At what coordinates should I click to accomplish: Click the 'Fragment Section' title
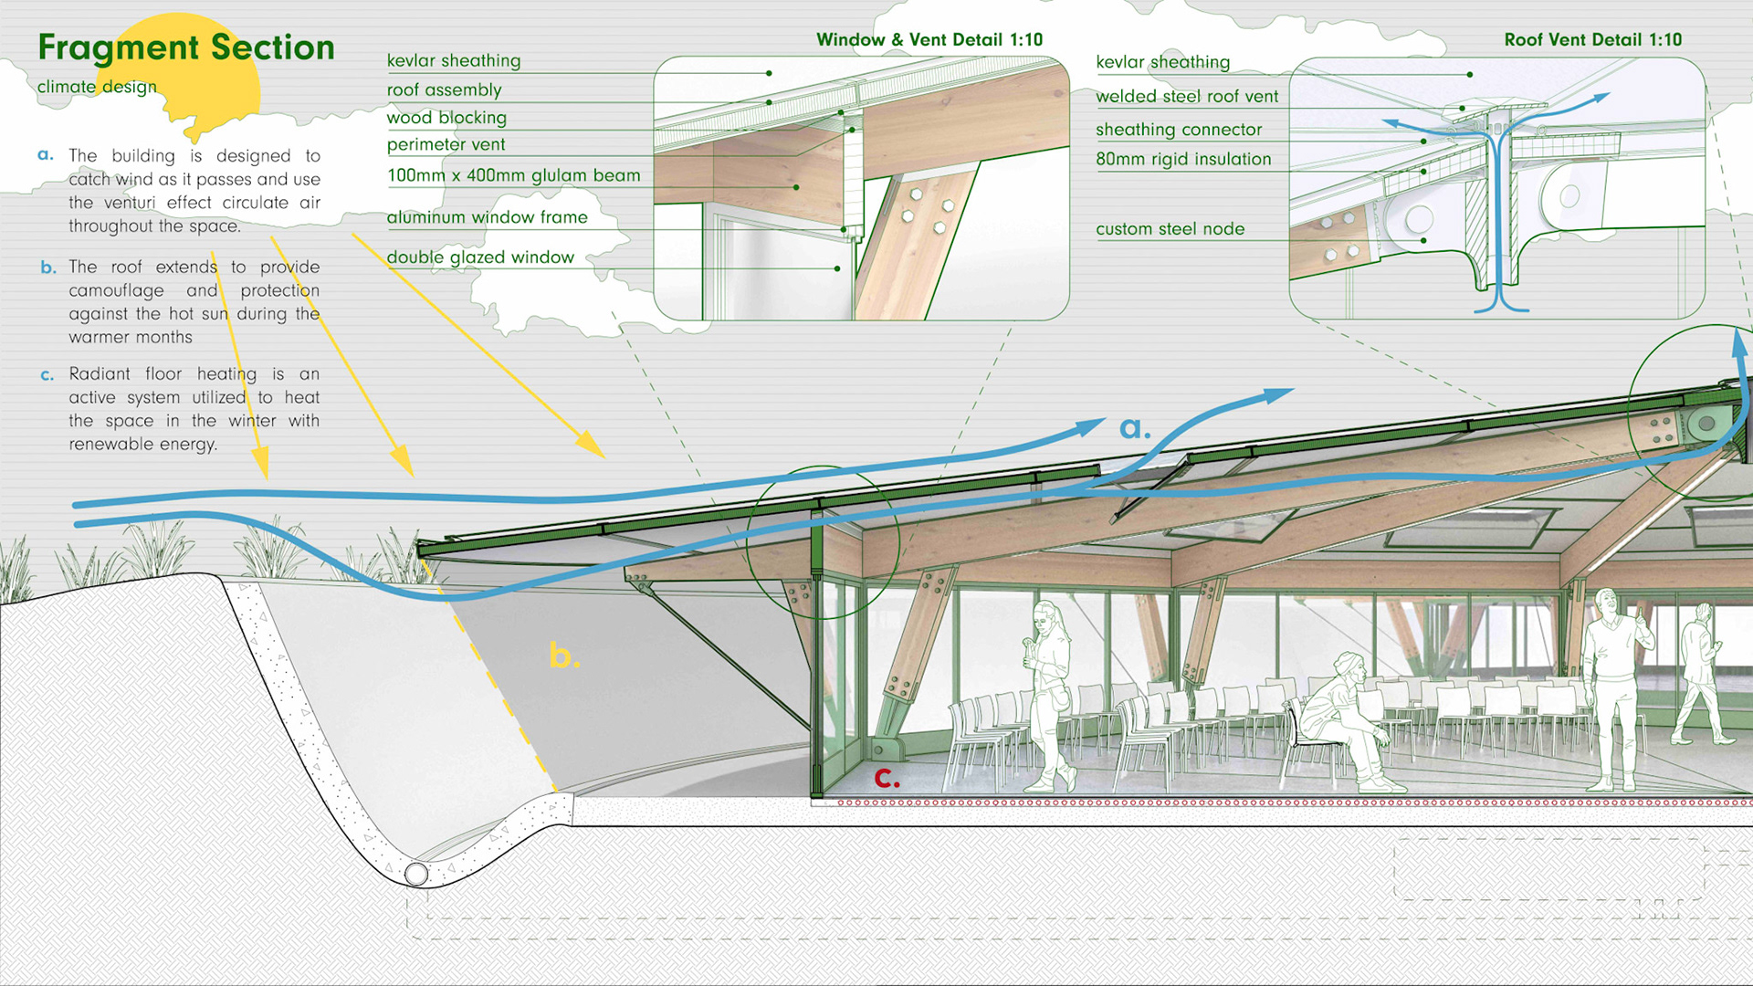(186, 47)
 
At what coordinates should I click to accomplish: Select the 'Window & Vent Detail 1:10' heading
(929, 40)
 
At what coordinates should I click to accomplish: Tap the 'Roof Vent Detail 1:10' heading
(1592, 40)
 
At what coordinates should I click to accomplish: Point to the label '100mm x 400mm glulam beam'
(513, 175)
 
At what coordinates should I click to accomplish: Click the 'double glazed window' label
(480, 257)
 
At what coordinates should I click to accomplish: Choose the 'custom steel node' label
(1170, 229)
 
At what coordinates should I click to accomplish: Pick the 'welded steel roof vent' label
(1186, 97)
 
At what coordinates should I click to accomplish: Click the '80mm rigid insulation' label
(1183, 159)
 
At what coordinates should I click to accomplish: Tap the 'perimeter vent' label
(446, 144)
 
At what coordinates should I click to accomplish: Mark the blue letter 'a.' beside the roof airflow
(1134, 427)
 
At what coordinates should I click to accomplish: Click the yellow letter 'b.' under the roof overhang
(563, 656)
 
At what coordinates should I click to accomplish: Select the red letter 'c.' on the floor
(887, 778)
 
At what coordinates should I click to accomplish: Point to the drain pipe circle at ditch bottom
(416, 874)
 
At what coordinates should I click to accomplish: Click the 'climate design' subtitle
(97, 87)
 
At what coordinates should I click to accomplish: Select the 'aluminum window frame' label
(487, 217)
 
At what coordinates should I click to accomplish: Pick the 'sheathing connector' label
(1179, 130)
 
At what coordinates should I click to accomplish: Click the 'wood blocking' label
(446, 118)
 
